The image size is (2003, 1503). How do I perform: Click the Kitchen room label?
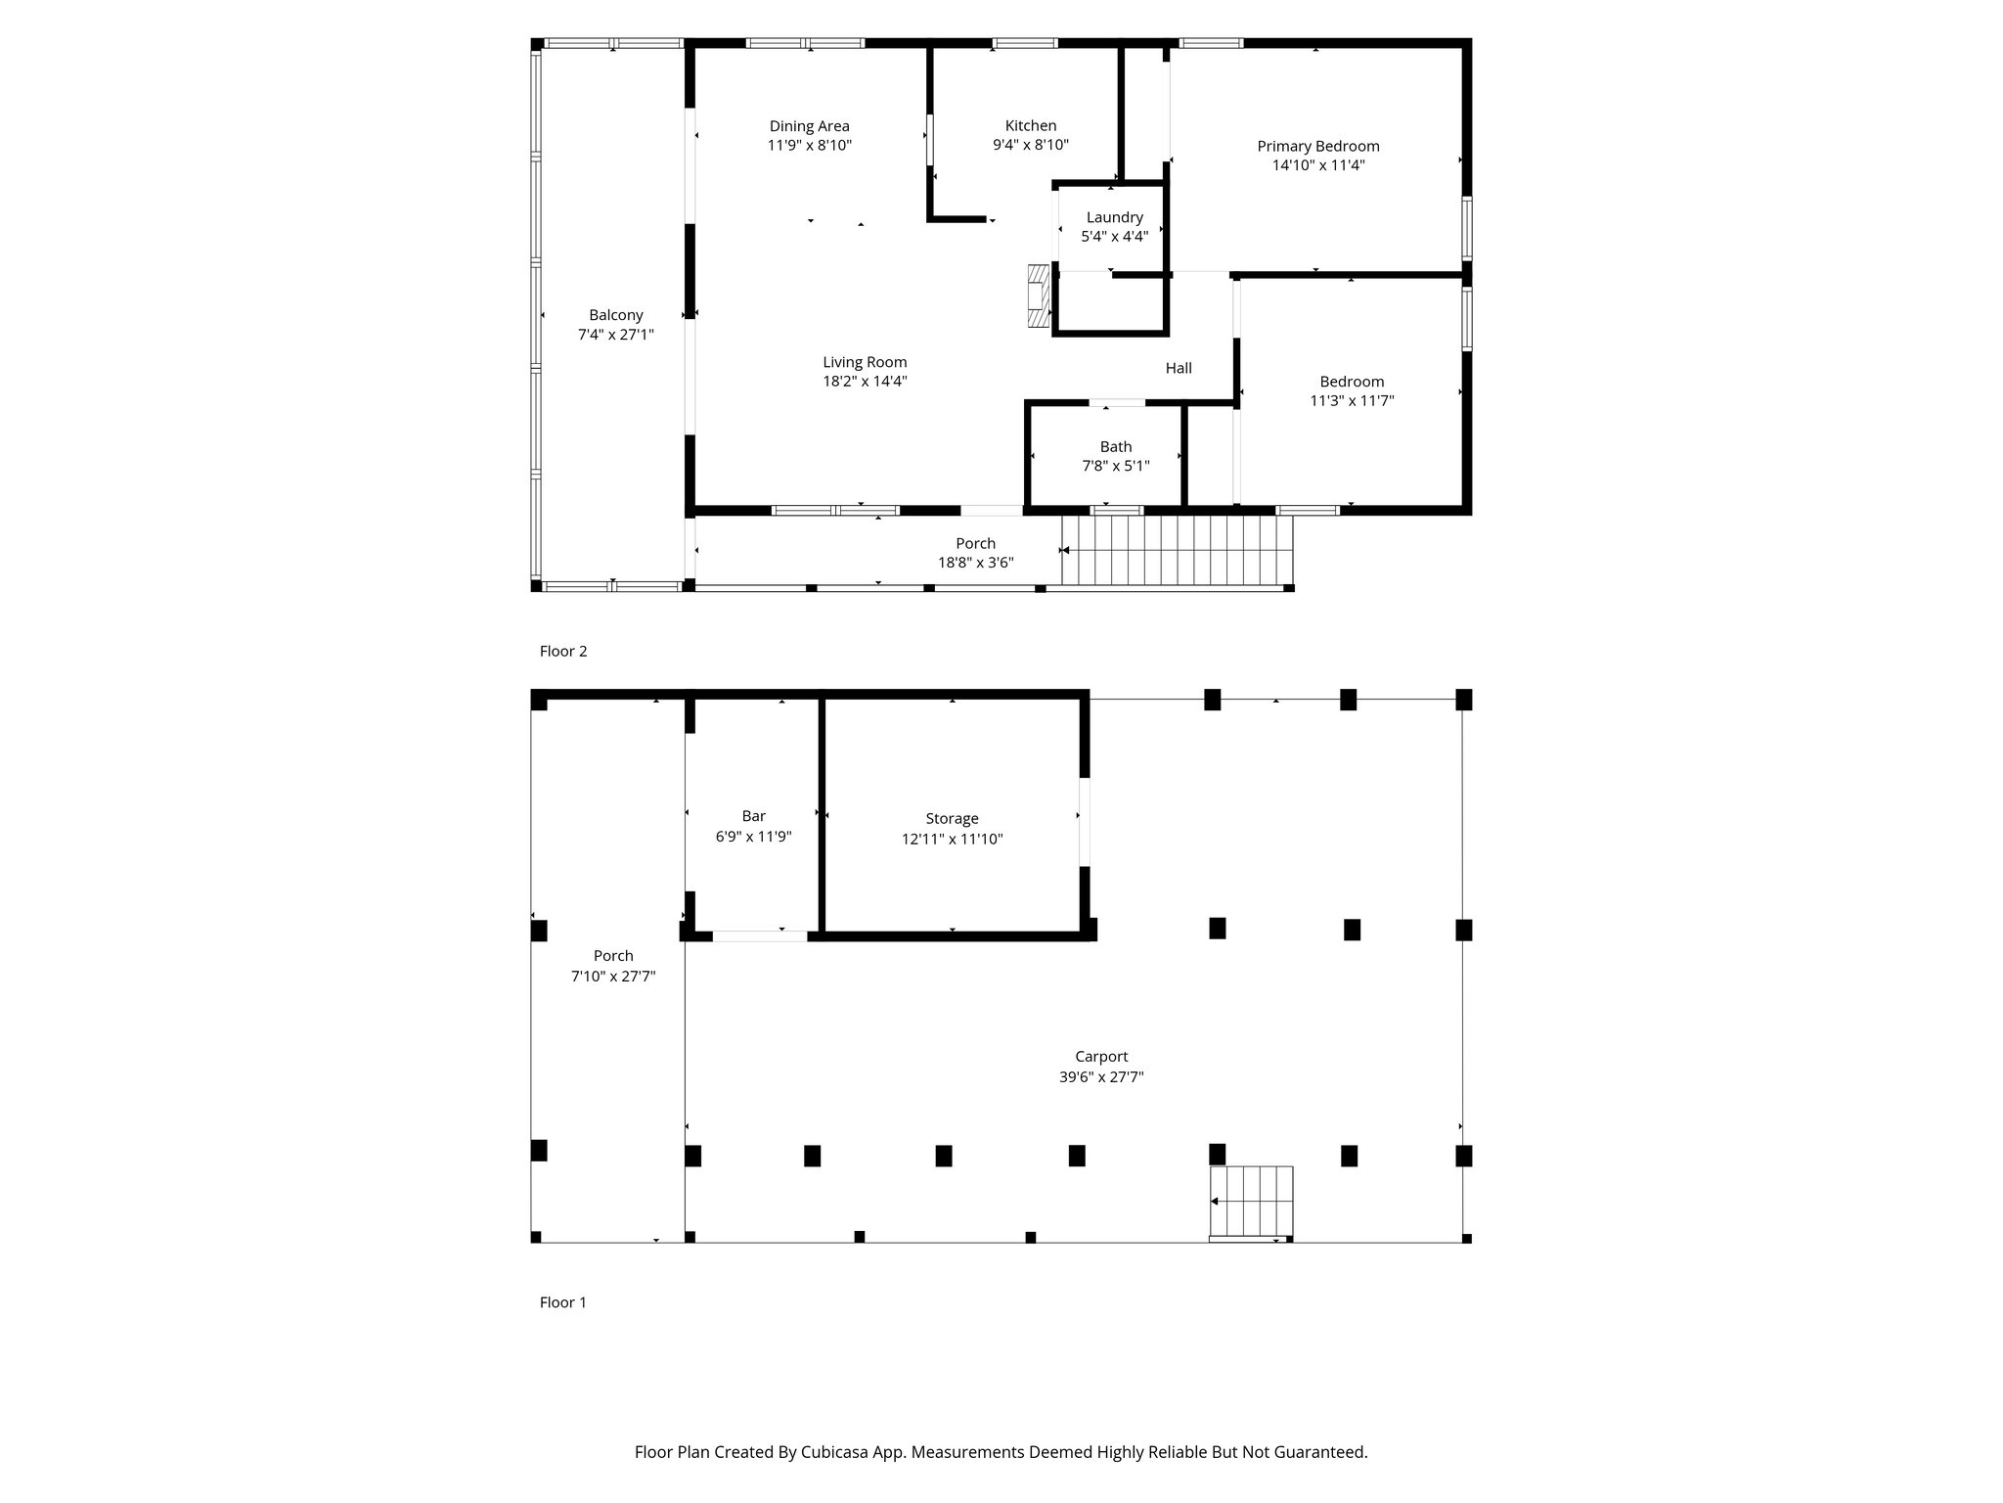(1031, 125)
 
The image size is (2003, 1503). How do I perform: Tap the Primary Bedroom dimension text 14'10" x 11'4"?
(1318, 165)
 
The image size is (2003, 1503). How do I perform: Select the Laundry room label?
(1114, 217)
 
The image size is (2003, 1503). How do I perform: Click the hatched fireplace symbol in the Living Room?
(1038, 296)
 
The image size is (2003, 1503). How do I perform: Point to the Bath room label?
(1116, 447)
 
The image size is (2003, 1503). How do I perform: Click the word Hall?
(1179, 368)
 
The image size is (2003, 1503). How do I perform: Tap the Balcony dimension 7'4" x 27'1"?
(616, 335)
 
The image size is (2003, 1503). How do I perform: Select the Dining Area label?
(810, 126)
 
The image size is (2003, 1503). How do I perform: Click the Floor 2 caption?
(563, 651)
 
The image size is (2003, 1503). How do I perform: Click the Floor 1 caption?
(563, 1302)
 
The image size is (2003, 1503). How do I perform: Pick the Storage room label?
(953, 819)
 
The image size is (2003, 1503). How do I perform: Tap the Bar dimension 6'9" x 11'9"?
(753, 837)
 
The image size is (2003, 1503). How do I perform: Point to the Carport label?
(1101, 1057)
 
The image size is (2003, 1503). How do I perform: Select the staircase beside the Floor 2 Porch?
(1178, 551)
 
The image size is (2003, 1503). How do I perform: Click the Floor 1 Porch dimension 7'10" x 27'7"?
(613, 976)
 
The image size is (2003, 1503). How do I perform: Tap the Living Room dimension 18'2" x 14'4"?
(865, 382)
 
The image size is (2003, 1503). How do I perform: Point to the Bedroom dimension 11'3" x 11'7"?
(1352, 400)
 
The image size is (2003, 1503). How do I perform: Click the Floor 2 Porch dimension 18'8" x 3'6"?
(975, 563)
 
